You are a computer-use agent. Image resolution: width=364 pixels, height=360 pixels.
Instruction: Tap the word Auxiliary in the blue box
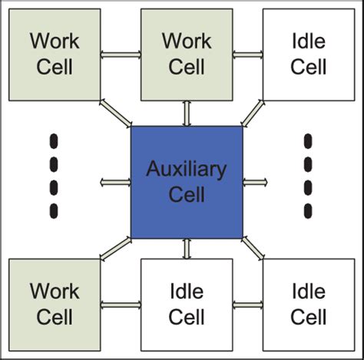(187, 168)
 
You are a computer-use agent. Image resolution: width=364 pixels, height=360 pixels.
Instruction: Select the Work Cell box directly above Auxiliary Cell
(187, 54)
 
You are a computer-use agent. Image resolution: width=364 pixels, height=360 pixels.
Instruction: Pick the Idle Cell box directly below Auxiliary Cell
(187, 304)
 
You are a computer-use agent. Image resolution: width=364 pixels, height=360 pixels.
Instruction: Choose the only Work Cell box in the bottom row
(55, 304)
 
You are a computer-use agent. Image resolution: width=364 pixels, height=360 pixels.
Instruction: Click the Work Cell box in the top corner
(55, 54)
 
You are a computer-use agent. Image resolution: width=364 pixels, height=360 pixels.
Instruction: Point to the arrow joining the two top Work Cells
(121, 54)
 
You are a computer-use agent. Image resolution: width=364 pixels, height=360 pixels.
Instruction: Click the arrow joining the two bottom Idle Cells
(248, 305)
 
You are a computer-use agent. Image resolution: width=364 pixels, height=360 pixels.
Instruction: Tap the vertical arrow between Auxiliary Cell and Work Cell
(187, 113)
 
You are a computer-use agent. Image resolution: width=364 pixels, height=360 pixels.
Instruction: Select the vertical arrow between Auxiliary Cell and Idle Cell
(187, 248)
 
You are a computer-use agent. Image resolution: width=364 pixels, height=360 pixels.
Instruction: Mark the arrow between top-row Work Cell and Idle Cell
(248, 54)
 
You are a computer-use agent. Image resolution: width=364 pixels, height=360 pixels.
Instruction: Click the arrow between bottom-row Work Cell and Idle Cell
(121, 305)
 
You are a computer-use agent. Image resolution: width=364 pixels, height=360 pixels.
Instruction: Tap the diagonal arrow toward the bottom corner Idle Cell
(253, 247)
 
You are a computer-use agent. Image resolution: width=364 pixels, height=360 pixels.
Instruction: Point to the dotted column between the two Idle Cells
(309, 176)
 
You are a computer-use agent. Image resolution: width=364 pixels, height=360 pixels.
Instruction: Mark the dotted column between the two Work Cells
(55, 176)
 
